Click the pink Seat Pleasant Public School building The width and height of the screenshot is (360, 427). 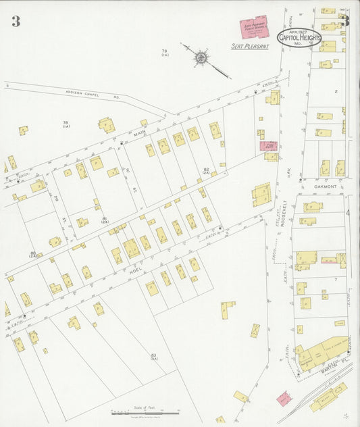[x=255, y=28]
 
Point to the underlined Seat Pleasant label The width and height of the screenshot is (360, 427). [x=251, y=47]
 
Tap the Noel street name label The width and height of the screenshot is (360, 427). [x=132, y=269]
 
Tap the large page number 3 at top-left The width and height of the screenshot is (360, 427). [x=15, y=22]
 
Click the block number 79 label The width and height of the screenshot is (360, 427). [x=164, y=52]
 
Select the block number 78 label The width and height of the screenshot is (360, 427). [x=66, y=123]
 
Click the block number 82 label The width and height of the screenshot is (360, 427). [x=206, y=170]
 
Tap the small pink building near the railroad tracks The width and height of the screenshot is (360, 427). [x=284, y=397]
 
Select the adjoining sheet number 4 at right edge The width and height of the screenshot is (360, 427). [x=349, y=214]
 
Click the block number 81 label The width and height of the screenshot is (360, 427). [x=105, y=220]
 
